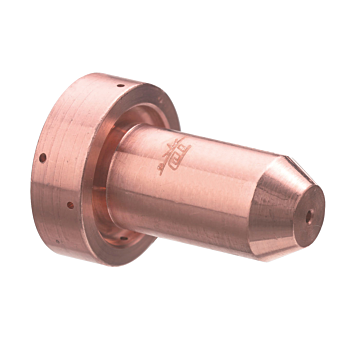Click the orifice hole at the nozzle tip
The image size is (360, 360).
pyautogui.click(x=310, y=214)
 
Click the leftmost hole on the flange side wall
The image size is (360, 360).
pyautogui.click(x=44, y=157)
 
